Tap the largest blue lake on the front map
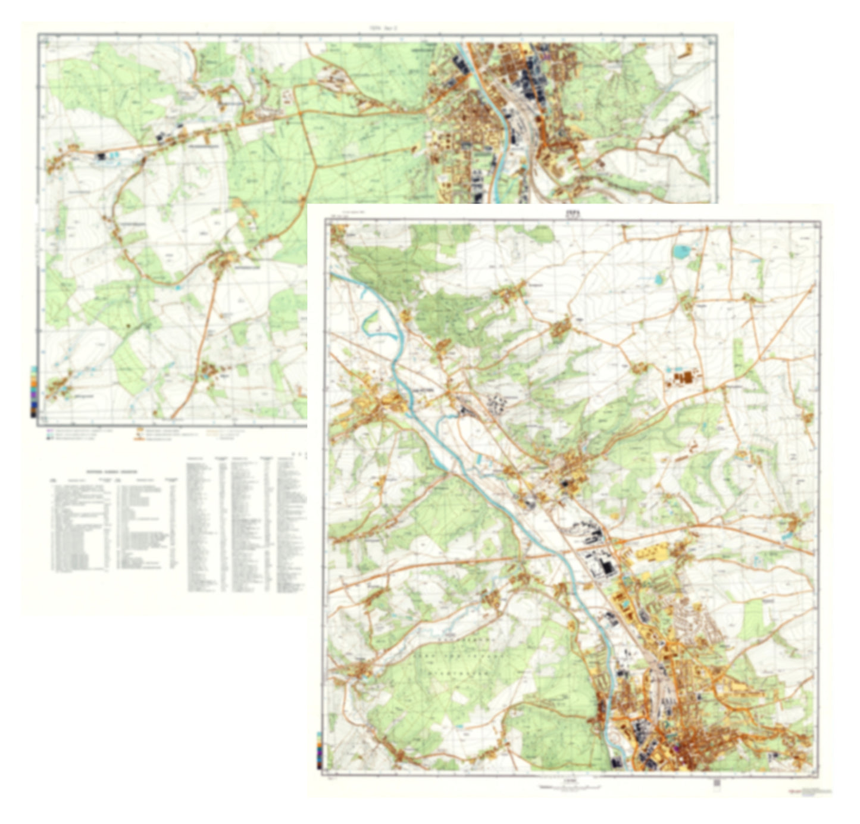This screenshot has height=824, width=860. click(680, 252)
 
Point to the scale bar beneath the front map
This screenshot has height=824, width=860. click(572, 787)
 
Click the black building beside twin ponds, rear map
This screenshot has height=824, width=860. click(101, 157)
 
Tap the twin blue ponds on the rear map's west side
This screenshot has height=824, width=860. click(113, 156)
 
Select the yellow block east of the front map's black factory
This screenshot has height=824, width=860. click(652, 553)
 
